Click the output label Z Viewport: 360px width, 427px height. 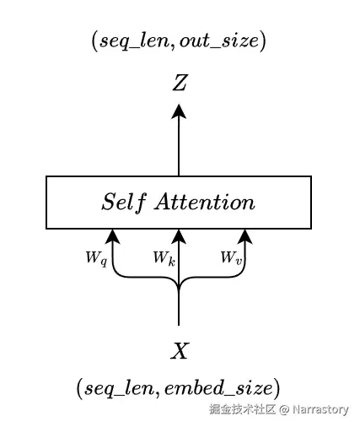[x=179, y=83]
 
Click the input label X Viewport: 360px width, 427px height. [x=179, y=351]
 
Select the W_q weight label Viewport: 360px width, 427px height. [x=94, y=257]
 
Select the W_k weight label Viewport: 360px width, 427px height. [x=164, y=257]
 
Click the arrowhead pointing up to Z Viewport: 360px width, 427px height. [x=179, y=110]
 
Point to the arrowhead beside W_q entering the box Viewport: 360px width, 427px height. [x=111, y=236]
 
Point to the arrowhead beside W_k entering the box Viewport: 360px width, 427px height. [x=179, y=236]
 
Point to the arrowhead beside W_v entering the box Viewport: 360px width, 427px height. [x=245, y=236]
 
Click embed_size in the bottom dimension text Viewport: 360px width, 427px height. [x=227, y=388]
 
